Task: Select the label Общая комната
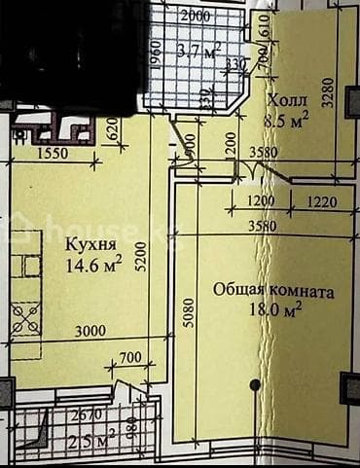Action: point(273,291)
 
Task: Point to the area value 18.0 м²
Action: point(272,309)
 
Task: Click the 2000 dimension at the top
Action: point(196,17)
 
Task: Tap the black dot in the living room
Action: point(255,384)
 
